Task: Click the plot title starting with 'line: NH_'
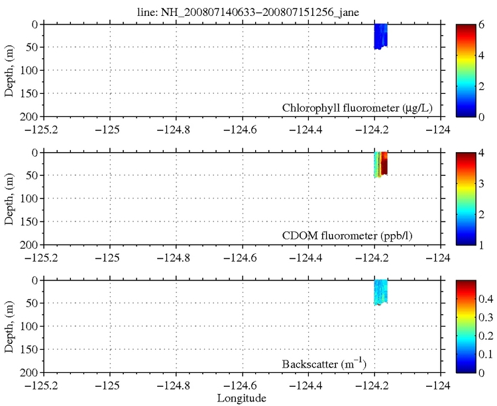point(248,7)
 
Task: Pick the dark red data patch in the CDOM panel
point(384,163)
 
